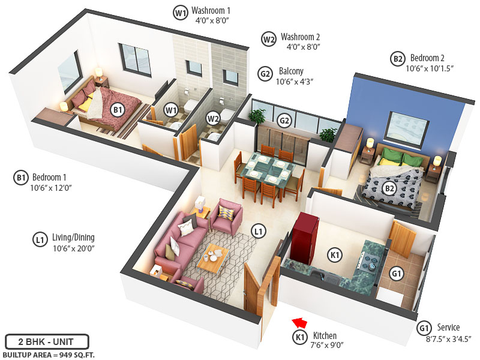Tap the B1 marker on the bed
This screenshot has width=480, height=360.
(118, 110)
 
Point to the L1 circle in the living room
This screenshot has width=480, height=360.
(258, 230)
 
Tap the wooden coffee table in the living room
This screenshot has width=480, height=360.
(212, 257)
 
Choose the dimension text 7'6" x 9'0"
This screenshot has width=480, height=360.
(323, 345)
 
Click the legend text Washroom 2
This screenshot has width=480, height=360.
(300, 36)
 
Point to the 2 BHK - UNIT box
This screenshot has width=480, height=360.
(47, 341)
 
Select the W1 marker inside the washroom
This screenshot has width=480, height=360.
(172, 110)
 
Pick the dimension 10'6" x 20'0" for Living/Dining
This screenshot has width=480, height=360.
(74, 248)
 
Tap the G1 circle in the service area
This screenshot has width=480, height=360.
(397, 273)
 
